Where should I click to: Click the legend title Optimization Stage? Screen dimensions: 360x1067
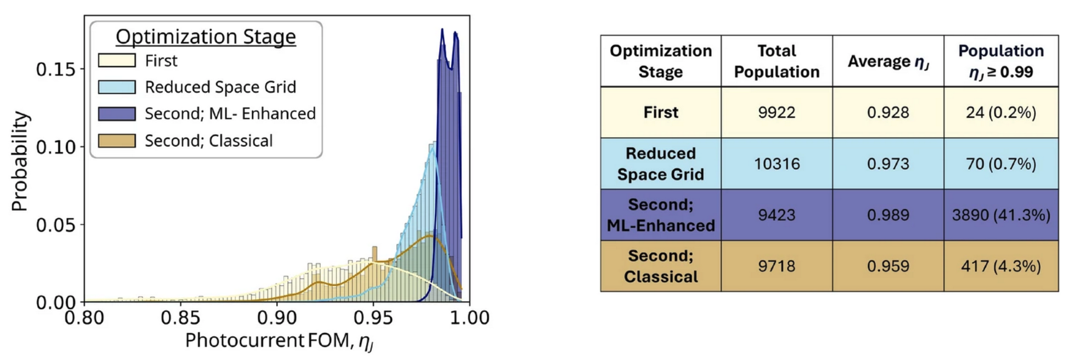206,37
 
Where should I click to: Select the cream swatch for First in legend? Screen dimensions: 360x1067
117,60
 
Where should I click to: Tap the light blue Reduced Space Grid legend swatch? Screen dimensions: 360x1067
117,87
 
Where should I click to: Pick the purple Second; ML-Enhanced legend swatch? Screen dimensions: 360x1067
117,113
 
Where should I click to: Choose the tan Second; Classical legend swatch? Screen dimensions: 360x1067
117,141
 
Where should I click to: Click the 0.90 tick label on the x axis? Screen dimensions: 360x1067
277,318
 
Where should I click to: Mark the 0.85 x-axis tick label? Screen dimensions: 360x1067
180,318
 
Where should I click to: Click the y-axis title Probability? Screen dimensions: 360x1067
19,161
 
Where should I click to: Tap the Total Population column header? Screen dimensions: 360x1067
776,61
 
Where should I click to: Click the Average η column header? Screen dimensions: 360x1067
887,61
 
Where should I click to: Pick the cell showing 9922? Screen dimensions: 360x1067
776,112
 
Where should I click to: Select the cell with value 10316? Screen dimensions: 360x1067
776,164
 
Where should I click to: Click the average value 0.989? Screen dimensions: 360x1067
887,215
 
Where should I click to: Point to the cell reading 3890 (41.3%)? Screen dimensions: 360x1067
1001,215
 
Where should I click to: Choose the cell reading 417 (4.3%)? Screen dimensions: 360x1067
1001,266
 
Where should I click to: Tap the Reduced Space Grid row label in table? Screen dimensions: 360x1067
661,164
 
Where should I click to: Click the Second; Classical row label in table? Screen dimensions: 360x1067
661,266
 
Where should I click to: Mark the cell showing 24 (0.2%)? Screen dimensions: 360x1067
1001,112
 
